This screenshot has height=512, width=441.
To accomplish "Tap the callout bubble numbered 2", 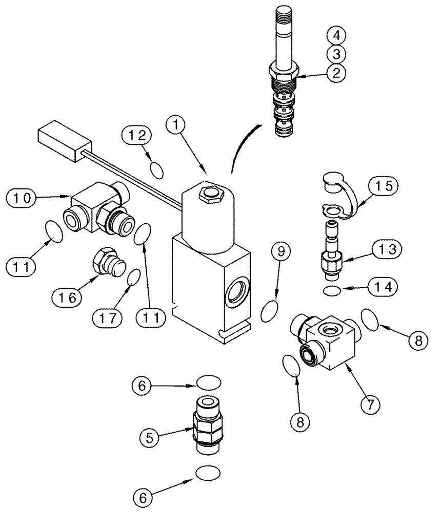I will click(335, 72).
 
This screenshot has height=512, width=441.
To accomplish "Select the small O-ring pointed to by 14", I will click(331, 291).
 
